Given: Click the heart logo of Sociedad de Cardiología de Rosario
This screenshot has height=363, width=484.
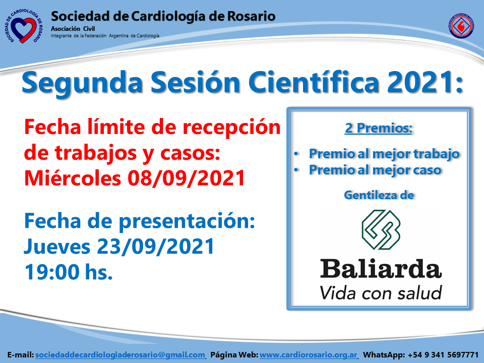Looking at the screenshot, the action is point(24,26).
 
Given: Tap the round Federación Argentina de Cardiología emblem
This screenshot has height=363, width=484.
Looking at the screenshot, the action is point(461,26).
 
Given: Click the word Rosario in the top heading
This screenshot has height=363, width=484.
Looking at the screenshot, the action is point(251,16).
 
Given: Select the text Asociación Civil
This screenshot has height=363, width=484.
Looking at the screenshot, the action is point(73,29).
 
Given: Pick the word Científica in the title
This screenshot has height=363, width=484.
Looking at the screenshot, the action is point(314,82).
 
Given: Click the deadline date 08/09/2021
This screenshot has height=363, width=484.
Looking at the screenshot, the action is point(187,178).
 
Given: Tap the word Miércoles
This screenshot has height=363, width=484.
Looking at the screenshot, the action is point(73,178).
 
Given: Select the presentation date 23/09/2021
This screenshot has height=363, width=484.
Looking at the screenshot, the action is point(156,247).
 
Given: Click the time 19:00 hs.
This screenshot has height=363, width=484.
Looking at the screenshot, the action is point(69,272).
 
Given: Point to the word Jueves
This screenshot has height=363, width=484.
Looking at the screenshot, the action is point(57,247).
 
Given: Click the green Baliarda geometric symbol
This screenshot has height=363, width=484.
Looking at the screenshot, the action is point(381,230).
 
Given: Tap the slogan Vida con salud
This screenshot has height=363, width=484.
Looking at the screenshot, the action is point(381,292).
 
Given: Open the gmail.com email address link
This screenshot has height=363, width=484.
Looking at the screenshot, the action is point(120,355).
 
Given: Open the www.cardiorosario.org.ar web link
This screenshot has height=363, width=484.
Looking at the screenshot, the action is point(309,355).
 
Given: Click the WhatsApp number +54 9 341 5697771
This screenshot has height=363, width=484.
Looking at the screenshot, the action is point(443,355).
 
